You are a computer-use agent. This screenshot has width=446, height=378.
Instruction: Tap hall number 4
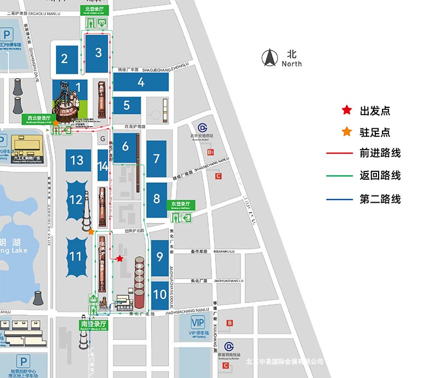tap(141, 83)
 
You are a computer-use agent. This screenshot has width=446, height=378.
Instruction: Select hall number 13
tap(77, 160)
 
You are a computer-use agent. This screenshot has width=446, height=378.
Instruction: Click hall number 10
tap(159, 294)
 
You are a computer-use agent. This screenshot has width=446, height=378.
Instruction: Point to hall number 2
tap(65, 58)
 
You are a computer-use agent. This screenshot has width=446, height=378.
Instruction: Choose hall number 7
tap(157, 158)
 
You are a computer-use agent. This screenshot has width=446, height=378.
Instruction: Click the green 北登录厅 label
tap(96, 9)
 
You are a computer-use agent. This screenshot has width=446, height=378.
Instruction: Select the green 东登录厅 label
tap(180, 205)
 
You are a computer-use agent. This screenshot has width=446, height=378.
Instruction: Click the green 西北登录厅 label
tap(39, 117)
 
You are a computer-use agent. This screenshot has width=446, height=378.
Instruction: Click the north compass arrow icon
tap(270, 56)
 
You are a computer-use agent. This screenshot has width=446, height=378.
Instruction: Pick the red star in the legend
tap(346, 110)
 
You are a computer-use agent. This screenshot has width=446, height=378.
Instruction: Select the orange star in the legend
tap(346, 132)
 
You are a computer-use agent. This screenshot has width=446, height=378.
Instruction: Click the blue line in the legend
tap(340, 199)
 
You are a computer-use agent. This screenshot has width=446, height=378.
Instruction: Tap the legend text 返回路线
tap(380, 175)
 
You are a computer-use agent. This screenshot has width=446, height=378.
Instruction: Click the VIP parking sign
tap(197, 322)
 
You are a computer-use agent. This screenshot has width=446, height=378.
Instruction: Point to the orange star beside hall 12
tap(91, 231)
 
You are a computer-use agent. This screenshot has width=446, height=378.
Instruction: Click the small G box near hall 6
tap(102, 139)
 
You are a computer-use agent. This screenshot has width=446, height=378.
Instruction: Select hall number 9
tap(159, 256)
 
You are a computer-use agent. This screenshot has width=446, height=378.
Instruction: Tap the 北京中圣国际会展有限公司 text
tap(285, 362)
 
